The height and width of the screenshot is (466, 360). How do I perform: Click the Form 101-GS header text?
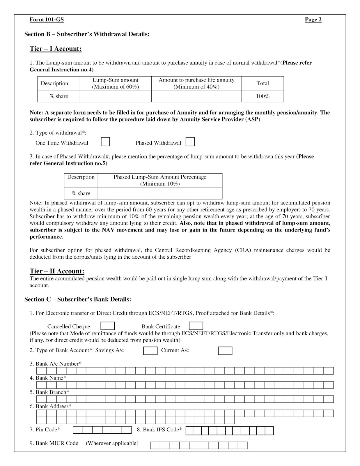tap(47, 20)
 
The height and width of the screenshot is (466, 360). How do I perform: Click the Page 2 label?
tap(313, 20)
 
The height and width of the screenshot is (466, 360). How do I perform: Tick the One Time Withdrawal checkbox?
tap(105, 142)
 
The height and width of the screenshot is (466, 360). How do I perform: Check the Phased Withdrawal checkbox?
tap(190, 142)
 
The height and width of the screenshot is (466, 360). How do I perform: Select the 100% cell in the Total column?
tap(263, 96)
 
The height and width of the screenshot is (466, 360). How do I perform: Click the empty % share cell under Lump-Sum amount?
tap(116, 96)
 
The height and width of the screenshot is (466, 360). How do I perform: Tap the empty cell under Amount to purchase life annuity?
tap(196, 96)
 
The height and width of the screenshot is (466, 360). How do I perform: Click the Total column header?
tap(263, 83)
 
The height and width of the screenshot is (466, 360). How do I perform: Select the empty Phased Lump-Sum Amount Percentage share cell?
tap(160, 193)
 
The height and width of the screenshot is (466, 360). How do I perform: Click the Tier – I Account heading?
tap(56, 49)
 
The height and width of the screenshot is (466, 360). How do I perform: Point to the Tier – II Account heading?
tap(57, 271)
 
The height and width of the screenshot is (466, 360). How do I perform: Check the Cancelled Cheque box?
tap(107, 326)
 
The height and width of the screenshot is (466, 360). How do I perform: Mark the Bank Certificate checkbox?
tap(196, 326)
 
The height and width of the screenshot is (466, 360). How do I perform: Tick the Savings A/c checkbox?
tap(150, 351)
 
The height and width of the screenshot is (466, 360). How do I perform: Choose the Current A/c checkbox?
tap(225, 351)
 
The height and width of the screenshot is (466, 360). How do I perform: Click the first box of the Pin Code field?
tap(77, 430)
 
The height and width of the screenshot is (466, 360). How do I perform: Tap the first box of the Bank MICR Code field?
tap(155, 445)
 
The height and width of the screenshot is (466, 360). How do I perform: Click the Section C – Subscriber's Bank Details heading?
tap(78, 299)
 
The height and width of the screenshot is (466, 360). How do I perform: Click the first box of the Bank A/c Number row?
tap(41, 371)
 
